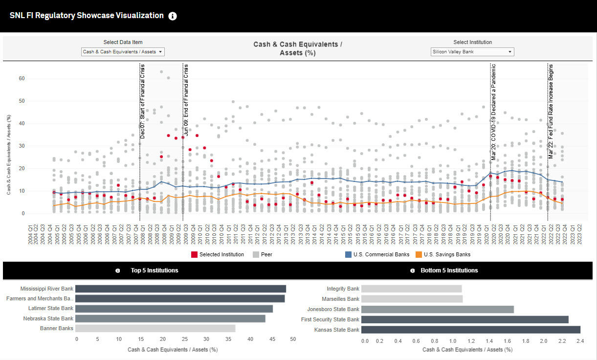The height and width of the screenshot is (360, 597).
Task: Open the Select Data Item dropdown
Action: coord(123,52)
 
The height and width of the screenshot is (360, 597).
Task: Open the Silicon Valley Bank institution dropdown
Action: coord(472,52)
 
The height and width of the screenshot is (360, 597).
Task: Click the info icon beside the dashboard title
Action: coord(173,16)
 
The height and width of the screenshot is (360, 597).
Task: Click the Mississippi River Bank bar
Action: coord(180,289)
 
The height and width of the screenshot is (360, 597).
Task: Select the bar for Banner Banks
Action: coord(155,328)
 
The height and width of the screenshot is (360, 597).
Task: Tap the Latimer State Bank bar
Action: coord(174,309)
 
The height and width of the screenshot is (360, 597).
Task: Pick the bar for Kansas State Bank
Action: coord(471,330)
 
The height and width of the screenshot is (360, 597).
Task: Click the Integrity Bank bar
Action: coord(412,289)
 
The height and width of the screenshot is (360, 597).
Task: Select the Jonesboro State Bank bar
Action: coord(438,309)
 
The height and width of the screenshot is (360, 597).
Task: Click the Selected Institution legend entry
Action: coord(218,254)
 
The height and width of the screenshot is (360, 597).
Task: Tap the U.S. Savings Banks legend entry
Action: coord(443,254)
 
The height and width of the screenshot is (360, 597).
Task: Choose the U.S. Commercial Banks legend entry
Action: coord(377,254)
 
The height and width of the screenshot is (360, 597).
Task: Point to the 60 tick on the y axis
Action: coord(22,78)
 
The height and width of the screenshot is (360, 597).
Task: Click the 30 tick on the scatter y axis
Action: coord(22,146)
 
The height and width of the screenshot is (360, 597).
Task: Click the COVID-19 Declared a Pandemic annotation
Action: coord(493,112)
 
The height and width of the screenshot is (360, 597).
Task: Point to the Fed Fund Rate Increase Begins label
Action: coord(551,112)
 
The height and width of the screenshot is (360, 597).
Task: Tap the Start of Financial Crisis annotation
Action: coord(142,101)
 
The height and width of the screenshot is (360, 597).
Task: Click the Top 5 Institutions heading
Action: coord(155,270)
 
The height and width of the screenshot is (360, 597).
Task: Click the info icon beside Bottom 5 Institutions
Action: coord(412,270)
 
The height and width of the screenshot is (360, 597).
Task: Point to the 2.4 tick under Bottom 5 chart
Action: coord(580,341)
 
